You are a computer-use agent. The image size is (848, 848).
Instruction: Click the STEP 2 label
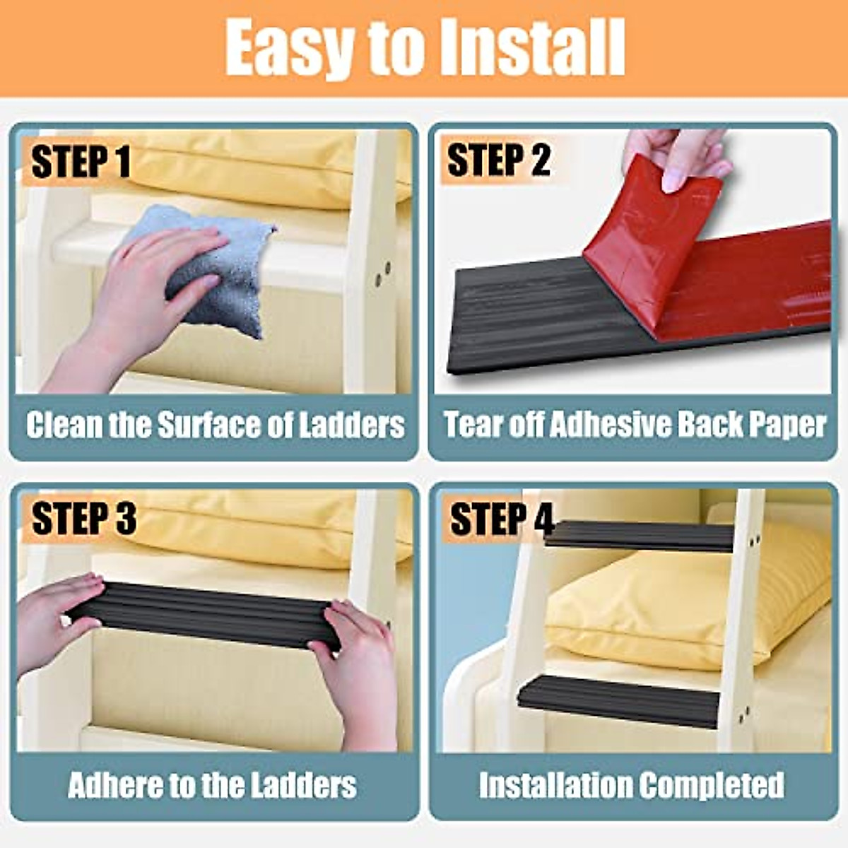click(x=498, y=160)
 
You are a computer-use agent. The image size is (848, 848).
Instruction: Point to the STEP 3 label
click(x=83, y=519)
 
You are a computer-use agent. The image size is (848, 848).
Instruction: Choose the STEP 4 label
click(x=501, y=519)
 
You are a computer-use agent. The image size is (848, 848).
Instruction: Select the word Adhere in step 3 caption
click(x=114, y=785)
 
